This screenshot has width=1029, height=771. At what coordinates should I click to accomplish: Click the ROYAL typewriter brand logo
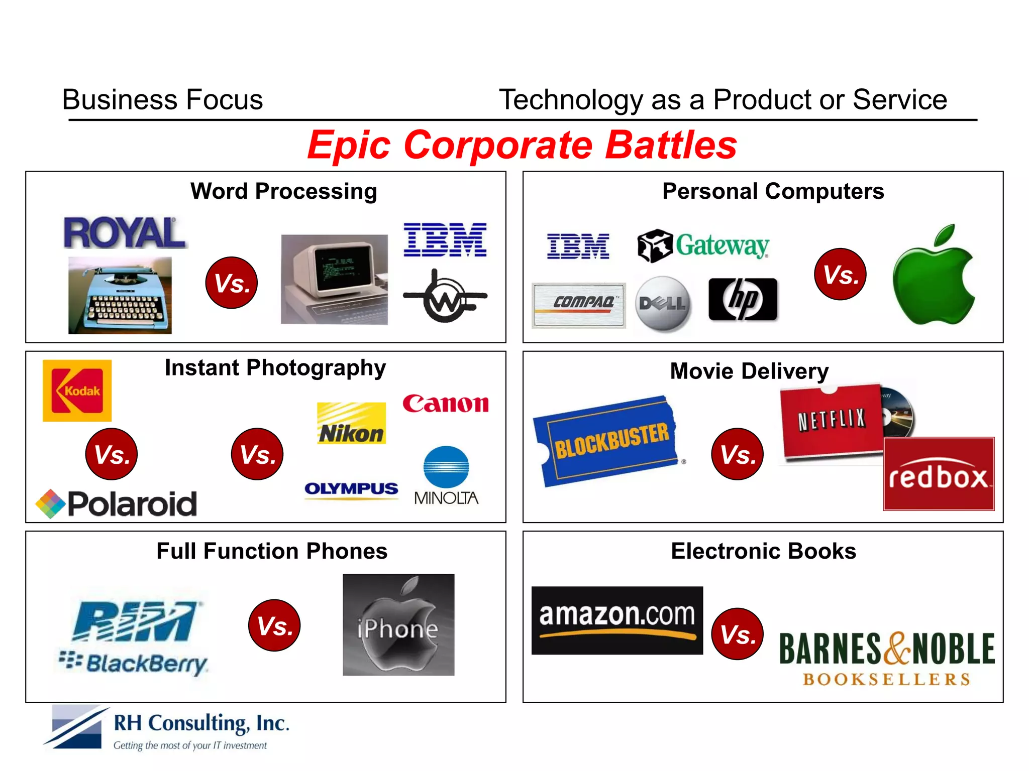124,233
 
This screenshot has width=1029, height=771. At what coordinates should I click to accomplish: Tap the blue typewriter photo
120,295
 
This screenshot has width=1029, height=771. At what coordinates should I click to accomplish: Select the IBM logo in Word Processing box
445,240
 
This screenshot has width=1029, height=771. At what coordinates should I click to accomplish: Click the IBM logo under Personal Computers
578,246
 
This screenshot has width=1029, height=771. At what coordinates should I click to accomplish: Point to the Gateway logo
703,246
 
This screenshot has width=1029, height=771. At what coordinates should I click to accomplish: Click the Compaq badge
579,305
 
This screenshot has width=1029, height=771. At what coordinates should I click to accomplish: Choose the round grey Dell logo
663,304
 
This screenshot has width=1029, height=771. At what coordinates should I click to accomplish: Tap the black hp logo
743,300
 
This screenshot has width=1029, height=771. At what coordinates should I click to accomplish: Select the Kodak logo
77,391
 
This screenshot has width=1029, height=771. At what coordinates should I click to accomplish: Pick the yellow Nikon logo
351,423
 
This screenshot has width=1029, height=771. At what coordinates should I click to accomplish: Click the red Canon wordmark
445,404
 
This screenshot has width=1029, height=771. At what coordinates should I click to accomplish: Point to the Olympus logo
351,489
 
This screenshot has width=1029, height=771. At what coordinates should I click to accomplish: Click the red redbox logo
939,474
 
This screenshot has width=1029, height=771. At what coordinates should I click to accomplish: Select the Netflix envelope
832,421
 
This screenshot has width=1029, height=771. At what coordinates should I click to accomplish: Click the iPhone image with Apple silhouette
398,625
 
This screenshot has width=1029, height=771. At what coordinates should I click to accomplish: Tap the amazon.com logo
617,620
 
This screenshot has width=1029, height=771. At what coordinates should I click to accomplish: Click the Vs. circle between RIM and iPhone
274,625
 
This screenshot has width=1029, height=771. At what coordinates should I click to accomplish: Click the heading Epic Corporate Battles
522,145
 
